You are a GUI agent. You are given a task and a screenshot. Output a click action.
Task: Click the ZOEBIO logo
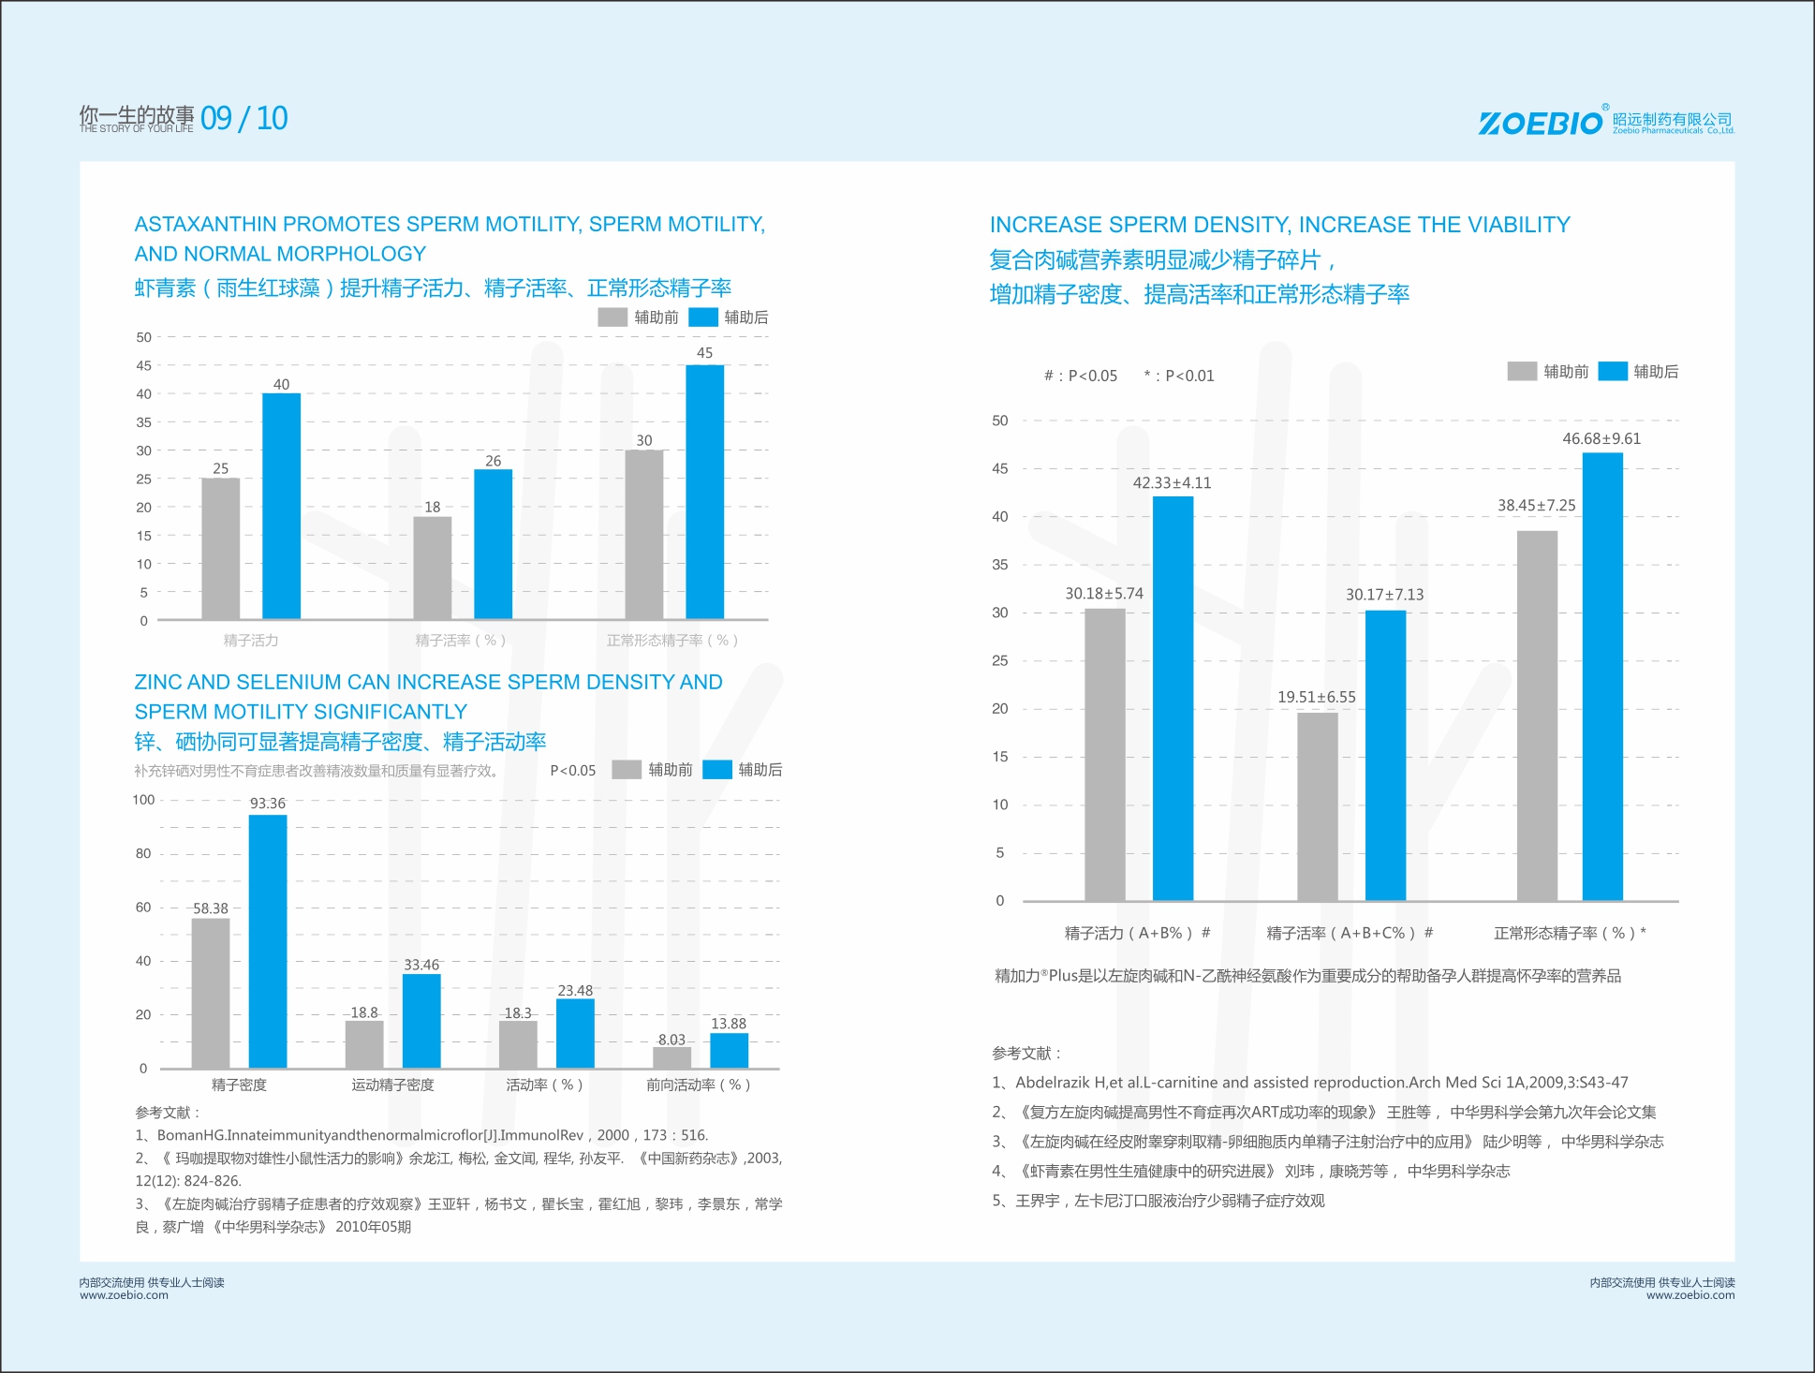click(x=1540, y=123)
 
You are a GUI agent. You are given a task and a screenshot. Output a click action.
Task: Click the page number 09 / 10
click(x=243, y=119)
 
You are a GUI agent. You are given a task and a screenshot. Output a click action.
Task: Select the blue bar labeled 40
click(x=281, y=506)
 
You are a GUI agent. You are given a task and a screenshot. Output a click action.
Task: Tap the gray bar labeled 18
click(x=432, y=568)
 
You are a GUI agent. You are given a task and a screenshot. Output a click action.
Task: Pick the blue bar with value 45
click(x=704, y=492)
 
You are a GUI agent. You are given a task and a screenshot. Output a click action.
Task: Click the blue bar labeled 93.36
click(x=268, y=940)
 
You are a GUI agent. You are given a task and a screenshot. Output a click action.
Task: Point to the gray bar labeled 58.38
click(x=211, y=993)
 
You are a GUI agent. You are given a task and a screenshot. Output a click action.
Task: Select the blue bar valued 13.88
click(x=729, y=1050)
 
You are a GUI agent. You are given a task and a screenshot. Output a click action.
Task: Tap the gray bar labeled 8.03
click(x=671, y=1057)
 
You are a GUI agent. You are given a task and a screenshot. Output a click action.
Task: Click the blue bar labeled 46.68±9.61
click(x=1602, y=676)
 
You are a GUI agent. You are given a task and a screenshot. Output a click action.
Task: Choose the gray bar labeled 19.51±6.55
click(x=1317, y=806)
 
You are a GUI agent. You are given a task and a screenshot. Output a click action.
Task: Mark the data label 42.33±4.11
click(x=1172, y=483)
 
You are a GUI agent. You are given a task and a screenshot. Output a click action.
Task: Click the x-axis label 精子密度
click(x=239, y=1085)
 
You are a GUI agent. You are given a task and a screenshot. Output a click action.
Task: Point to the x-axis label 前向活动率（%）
click(x=698, y=1085)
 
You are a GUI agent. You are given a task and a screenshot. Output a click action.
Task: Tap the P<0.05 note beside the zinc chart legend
click(x=572, y=771)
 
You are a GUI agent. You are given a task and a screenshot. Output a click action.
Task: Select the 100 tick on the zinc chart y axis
click(x=143, y=800)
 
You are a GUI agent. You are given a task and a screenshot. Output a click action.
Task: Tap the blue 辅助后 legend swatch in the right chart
click(x=1612, y=372)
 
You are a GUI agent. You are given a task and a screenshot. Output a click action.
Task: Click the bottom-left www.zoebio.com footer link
click(x=124, y=1295)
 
